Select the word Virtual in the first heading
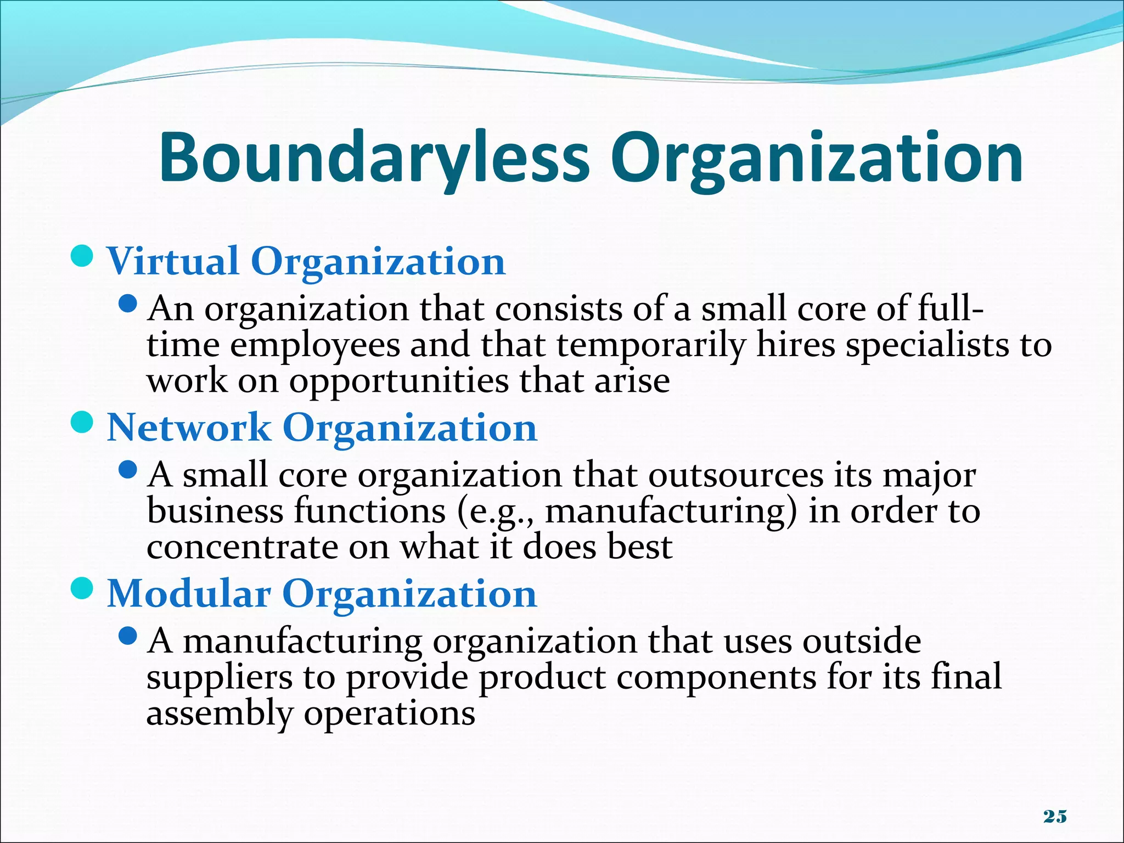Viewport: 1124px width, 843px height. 173,261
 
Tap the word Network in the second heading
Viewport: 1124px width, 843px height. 189,428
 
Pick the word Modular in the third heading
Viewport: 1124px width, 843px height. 189,594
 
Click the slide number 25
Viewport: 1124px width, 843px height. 1055,817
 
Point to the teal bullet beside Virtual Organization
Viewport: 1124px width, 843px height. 83,257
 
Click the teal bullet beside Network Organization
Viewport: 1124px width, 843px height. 83,423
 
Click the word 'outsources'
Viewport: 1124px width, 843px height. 735,475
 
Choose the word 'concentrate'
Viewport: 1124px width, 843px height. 241,548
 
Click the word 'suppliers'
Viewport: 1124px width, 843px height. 220,678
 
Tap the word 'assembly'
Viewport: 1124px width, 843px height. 220,714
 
